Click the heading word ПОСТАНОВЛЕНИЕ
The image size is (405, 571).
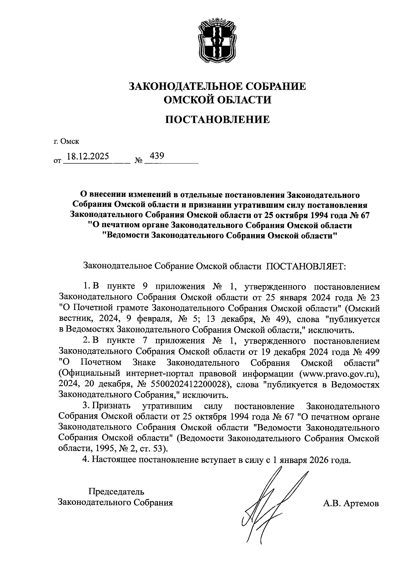[217, 120]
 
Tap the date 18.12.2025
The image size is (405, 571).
[88, 156]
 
